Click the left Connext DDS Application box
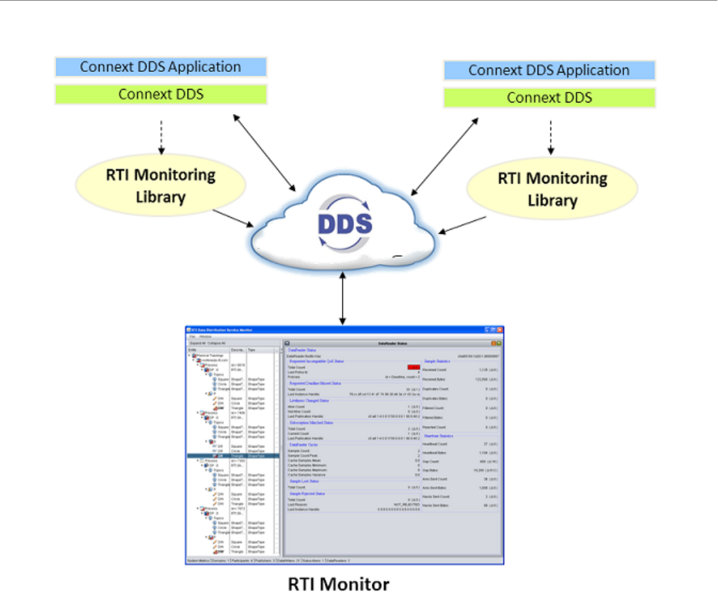[161, 67]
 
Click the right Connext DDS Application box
[549, 70]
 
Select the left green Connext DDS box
[161, 95]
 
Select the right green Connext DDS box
[549, 97]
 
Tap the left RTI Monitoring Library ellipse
[161, 184]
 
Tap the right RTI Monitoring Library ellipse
[552, 188]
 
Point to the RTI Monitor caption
[338, 585]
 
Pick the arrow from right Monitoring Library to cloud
[462, 225]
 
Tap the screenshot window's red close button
[500, 330]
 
